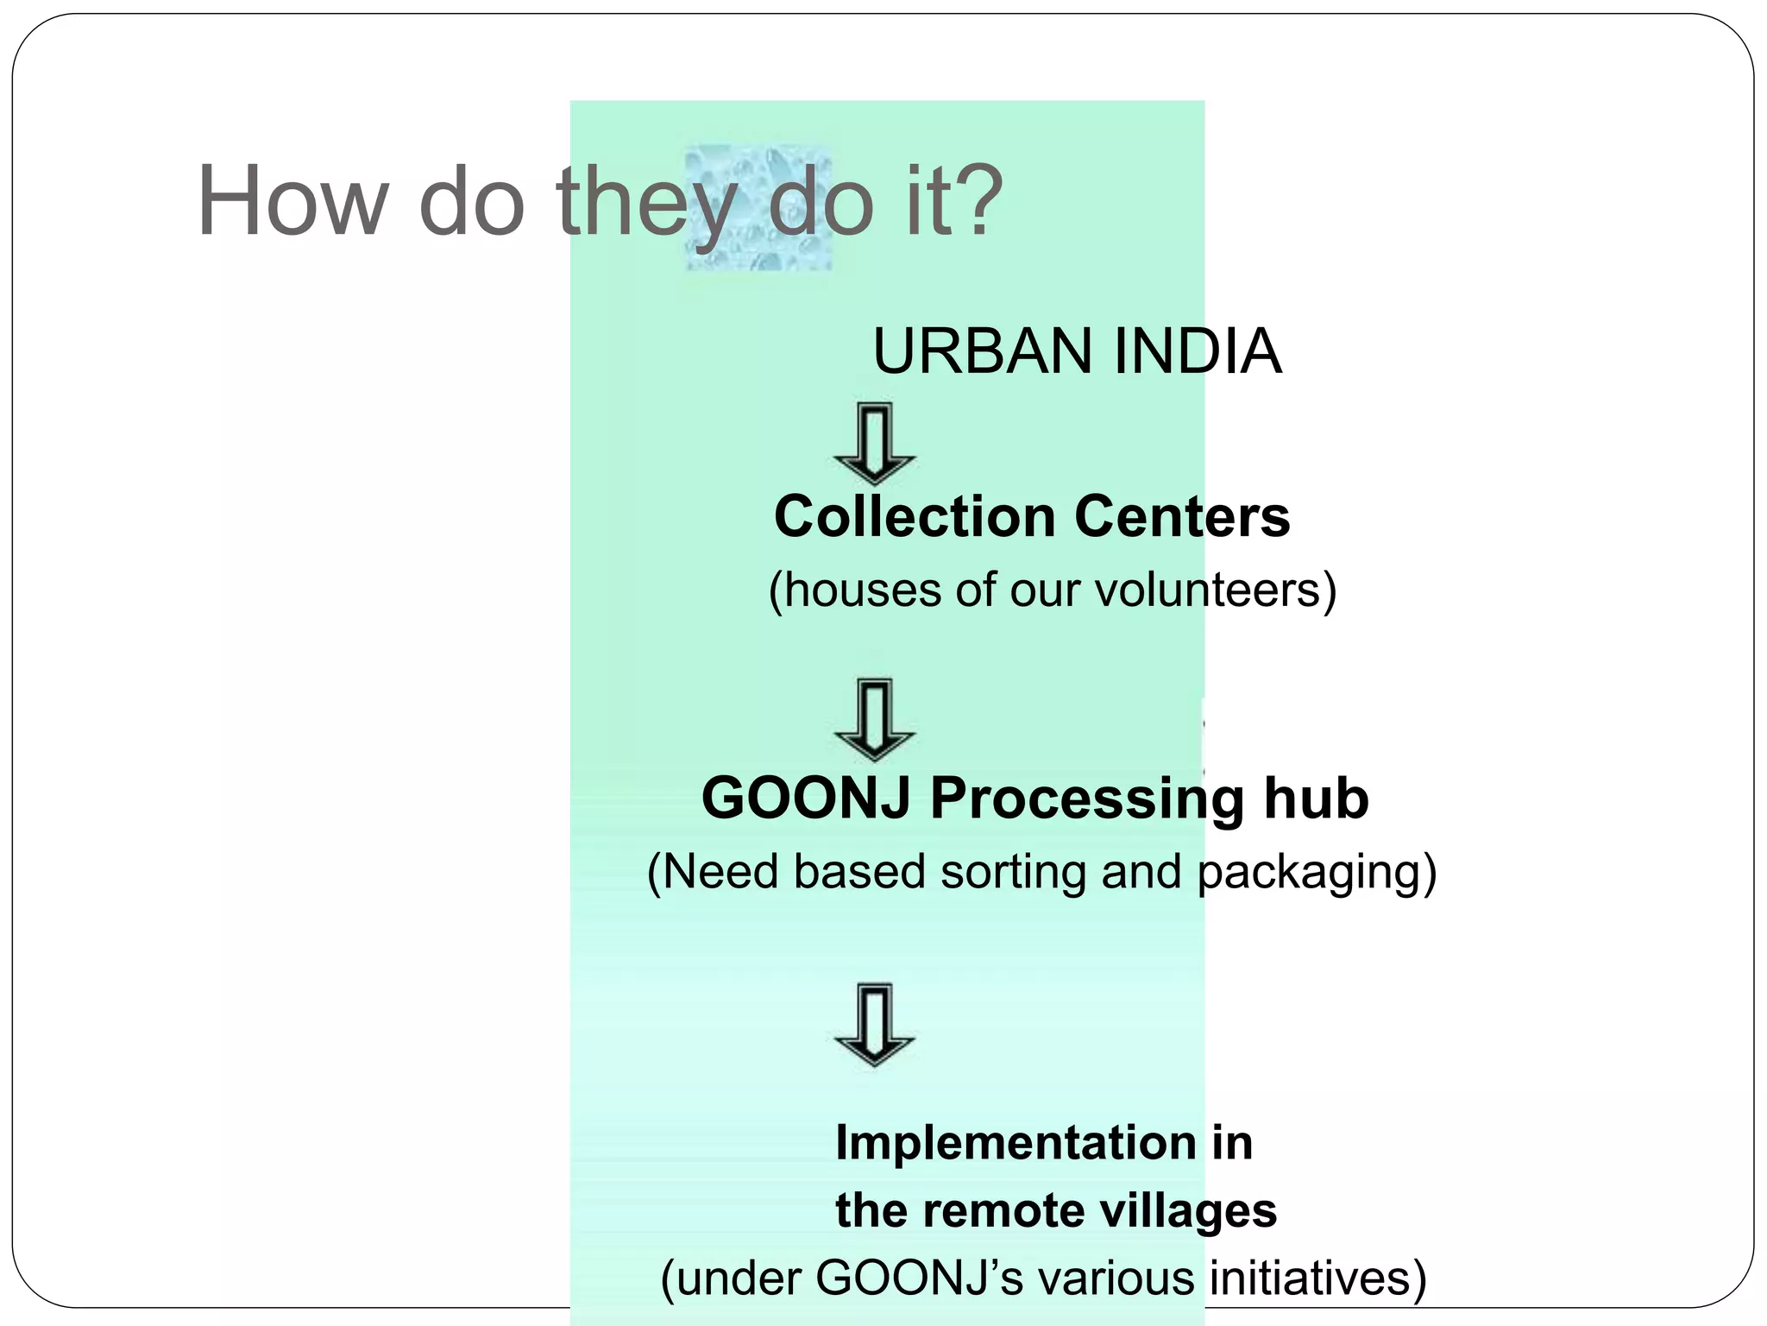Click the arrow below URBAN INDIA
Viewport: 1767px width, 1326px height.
pyautogui.click(x=874, y=443)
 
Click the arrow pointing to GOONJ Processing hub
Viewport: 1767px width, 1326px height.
pyautogui.click(x=874, y=719)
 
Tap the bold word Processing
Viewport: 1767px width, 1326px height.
pyautogui.click(x=1087, y=799)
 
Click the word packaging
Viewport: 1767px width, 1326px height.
pyautogui.click(x=1316, y=873)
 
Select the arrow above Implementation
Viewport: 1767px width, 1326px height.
pyautogui.click(x=874, y=1024)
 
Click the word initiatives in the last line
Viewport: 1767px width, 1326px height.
pyautogui.click(x=1317, y=1278)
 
